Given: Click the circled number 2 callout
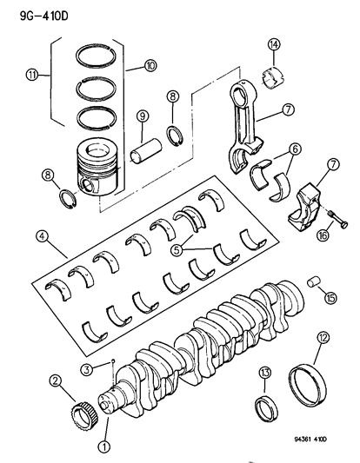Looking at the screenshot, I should (x=55, y=380).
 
